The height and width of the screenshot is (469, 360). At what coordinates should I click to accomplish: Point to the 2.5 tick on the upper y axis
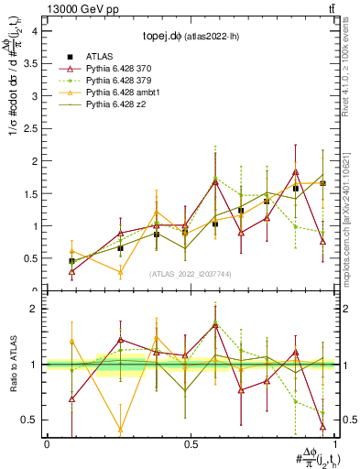point(30,128)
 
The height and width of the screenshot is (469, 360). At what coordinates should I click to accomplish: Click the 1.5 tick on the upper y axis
point(30,193)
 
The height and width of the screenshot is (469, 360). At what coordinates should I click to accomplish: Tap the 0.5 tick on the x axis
point(191,443)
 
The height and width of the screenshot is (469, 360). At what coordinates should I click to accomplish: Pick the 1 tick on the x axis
point(335,443)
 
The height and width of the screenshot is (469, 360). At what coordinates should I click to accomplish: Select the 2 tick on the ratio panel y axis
point(34,309)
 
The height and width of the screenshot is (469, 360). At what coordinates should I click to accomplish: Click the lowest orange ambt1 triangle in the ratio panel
point(120,429)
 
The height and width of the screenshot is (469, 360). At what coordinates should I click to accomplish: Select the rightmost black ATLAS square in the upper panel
point(322,183)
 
